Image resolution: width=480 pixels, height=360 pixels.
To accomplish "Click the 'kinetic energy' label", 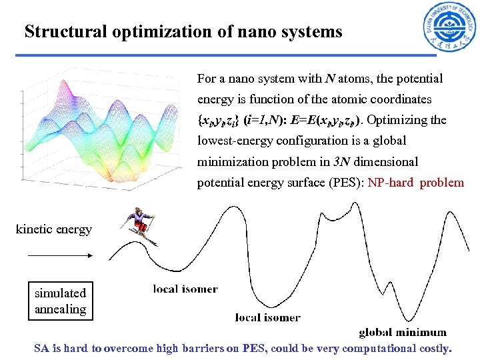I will [x=54, y=229].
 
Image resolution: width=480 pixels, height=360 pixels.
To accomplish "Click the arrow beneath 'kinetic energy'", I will [x=60, y=255].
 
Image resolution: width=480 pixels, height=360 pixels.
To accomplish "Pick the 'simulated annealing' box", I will [x=61, y=301].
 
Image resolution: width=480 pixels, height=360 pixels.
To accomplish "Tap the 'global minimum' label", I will [x=403, y=332].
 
